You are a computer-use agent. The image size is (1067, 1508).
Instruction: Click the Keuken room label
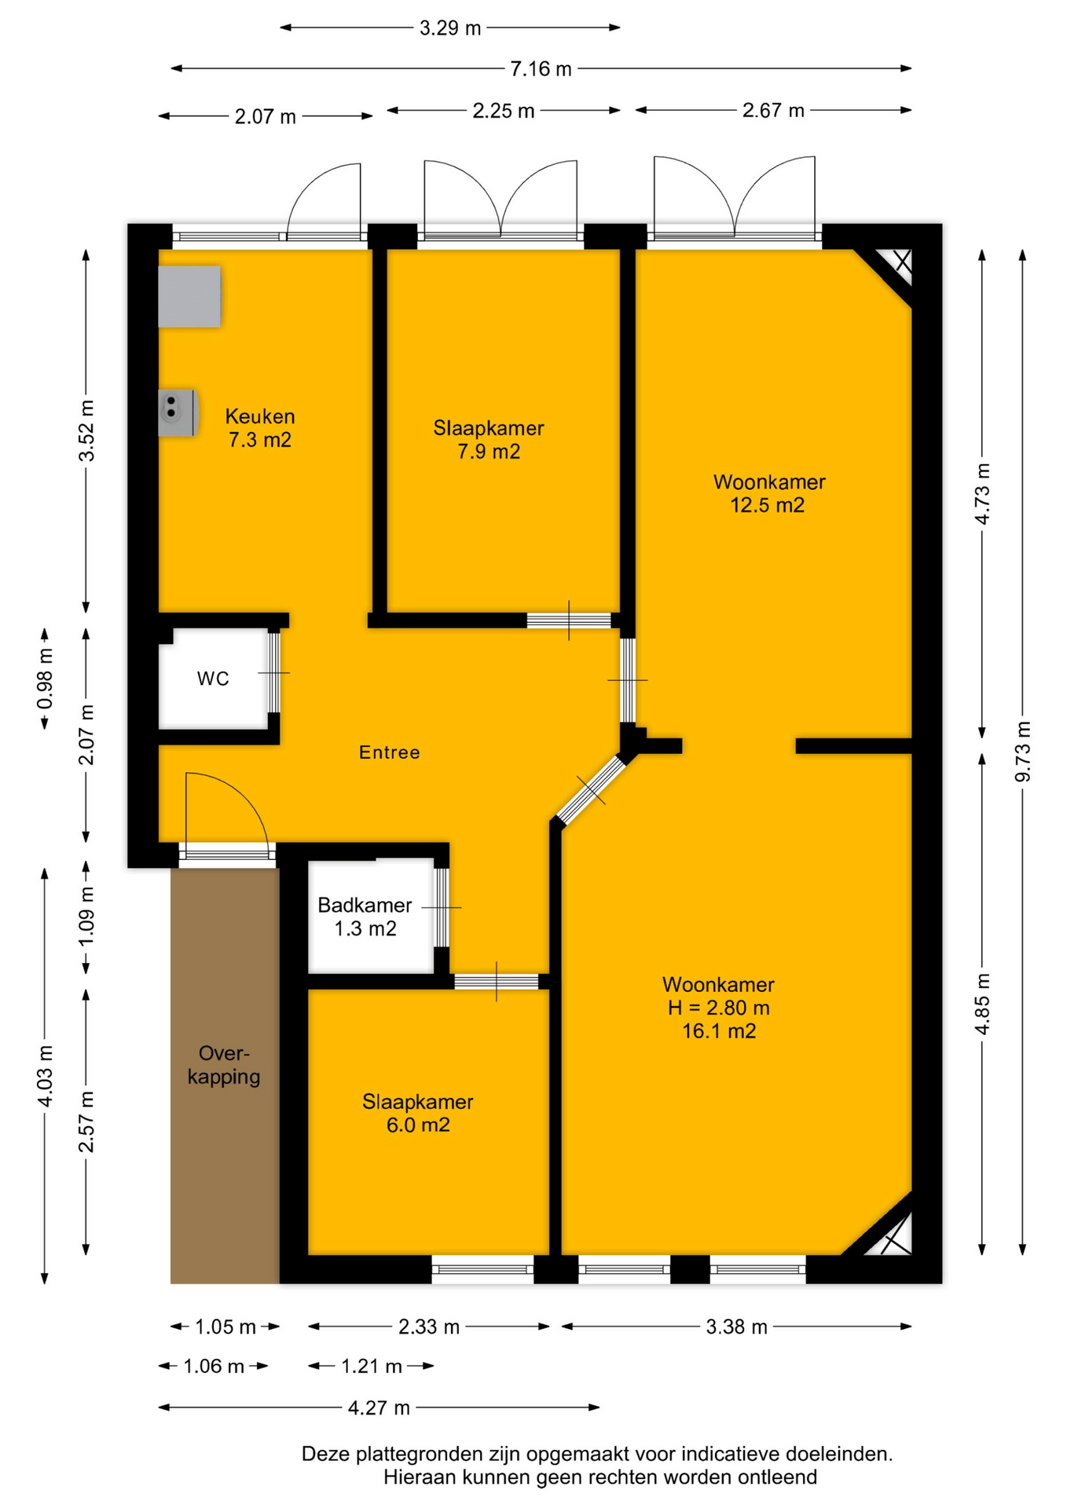pos(260,427)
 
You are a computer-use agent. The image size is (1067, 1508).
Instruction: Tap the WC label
pos(213,679)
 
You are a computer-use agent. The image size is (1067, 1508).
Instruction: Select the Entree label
pos(390,752)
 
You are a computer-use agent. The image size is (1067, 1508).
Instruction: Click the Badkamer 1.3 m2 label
pos(365,917)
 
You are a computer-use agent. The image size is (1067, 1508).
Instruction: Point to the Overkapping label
pos(224,1065)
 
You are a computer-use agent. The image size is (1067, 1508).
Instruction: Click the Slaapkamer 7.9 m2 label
pos(489,439)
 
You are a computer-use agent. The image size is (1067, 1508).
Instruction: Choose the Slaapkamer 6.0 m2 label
pos(418,1113)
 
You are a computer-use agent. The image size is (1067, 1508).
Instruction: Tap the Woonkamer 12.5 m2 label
pos(768,493)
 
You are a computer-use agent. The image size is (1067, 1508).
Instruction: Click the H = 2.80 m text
pos(719,1008)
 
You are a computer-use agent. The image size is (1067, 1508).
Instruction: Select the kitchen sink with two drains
pos(178,412)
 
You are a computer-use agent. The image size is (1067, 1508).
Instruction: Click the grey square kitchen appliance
pos(189,296)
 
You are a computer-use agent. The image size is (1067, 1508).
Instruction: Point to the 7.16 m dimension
pos(541,68)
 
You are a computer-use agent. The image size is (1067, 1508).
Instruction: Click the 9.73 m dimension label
pos(1022,752)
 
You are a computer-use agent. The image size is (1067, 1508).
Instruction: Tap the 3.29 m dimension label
pos(449,28)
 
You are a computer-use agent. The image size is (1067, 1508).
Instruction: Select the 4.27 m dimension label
pos(379,1407)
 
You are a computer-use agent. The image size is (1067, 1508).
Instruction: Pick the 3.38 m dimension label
pos(736,1327)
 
